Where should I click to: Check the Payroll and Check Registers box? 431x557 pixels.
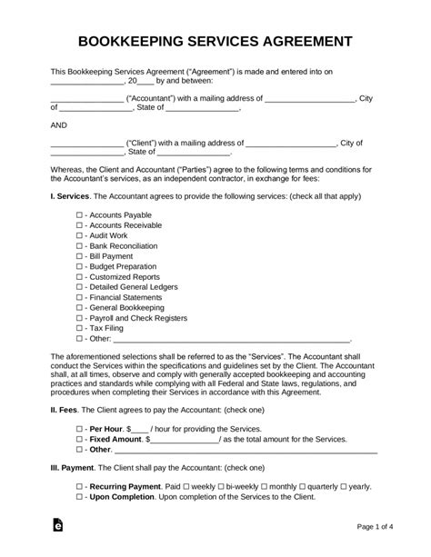[80, 319]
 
